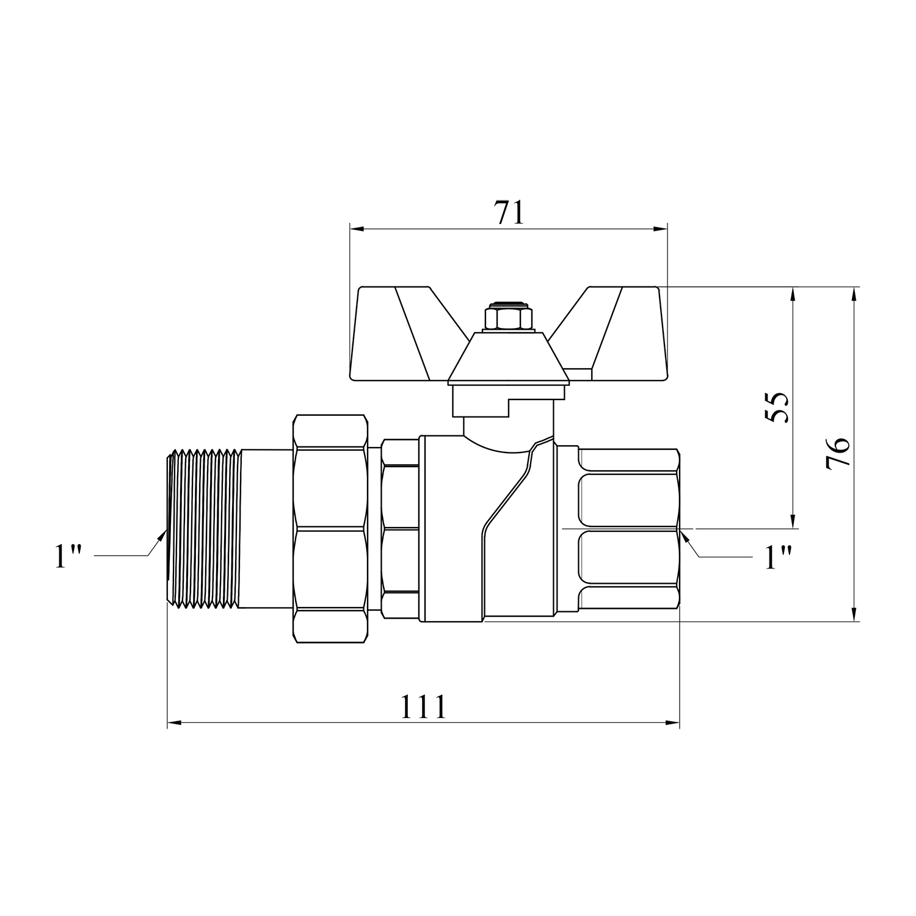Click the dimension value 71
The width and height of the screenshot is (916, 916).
(x=509, y=213)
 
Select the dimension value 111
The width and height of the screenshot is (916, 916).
(x=424, y=707)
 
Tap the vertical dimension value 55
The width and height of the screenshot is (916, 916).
(x=777, y=407)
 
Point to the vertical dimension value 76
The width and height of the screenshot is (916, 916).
(x=837, y=453)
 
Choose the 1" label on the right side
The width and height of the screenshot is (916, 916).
(x=779, y=557)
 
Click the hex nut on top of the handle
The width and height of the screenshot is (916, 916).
(x=508, y=318)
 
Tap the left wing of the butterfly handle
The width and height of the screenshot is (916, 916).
(x=403, y=333)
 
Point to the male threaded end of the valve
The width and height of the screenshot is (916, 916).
(x=205, y=529)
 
